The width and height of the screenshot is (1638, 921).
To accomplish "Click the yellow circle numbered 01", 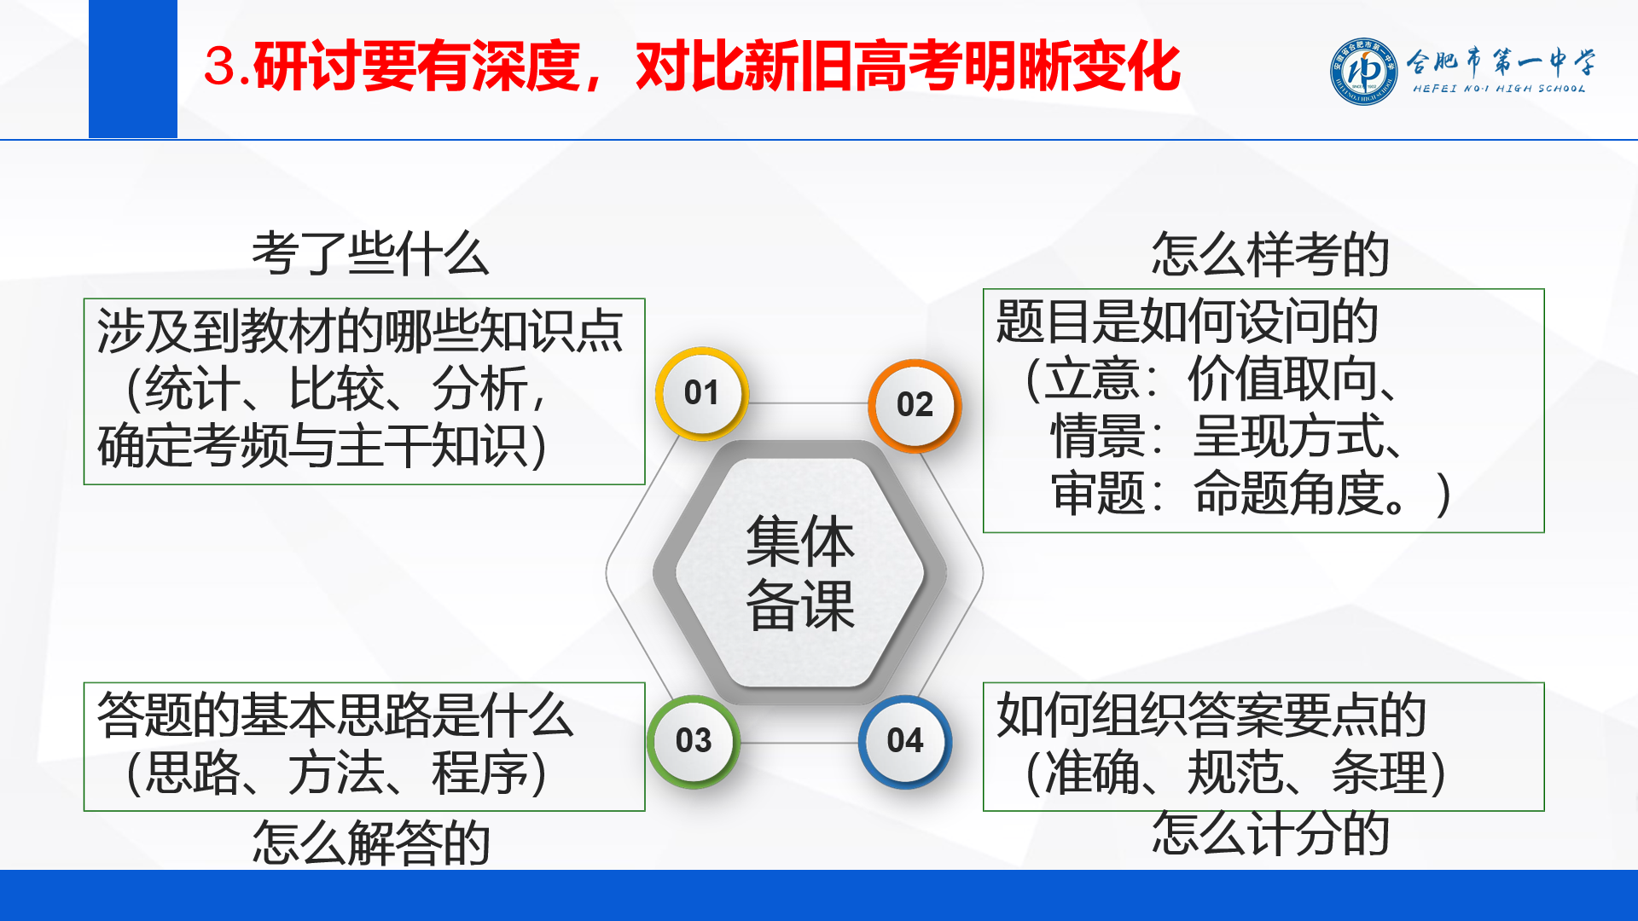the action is click(701, 393).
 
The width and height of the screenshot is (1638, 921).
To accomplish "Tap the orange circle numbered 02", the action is click(915, 405).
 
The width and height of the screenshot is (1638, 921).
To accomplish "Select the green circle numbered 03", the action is click(694, 741).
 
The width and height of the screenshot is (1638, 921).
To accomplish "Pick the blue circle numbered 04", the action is click(905, 741).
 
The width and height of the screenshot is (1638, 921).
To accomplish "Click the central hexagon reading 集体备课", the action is click(800, 573).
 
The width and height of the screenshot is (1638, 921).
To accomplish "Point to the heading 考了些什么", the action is click(370, 254).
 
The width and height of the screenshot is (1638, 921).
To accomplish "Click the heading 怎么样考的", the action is click(1270, 254).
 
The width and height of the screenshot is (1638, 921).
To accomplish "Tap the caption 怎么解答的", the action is click(371, 843).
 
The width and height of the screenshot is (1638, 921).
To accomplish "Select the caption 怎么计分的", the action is click(1270, 832).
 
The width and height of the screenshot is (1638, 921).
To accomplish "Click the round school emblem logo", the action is click(1364, 71).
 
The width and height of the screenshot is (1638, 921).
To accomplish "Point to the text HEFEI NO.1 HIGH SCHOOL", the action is click(1499, 89).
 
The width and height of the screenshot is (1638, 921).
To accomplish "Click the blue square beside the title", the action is click(133, 69).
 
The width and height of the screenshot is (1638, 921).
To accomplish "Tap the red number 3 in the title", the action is click(220, 67).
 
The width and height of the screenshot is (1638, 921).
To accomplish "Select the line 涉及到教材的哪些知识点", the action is click(360, 331).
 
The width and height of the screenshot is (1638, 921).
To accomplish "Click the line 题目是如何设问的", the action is click(1187, 321).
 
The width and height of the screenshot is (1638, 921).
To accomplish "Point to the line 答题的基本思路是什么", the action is click(334, 715).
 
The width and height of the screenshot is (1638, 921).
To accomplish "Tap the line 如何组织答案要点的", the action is click(1211, 715).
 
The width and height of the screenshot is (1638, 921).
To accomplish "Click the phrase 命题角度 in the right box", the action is click(1288, 493).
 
